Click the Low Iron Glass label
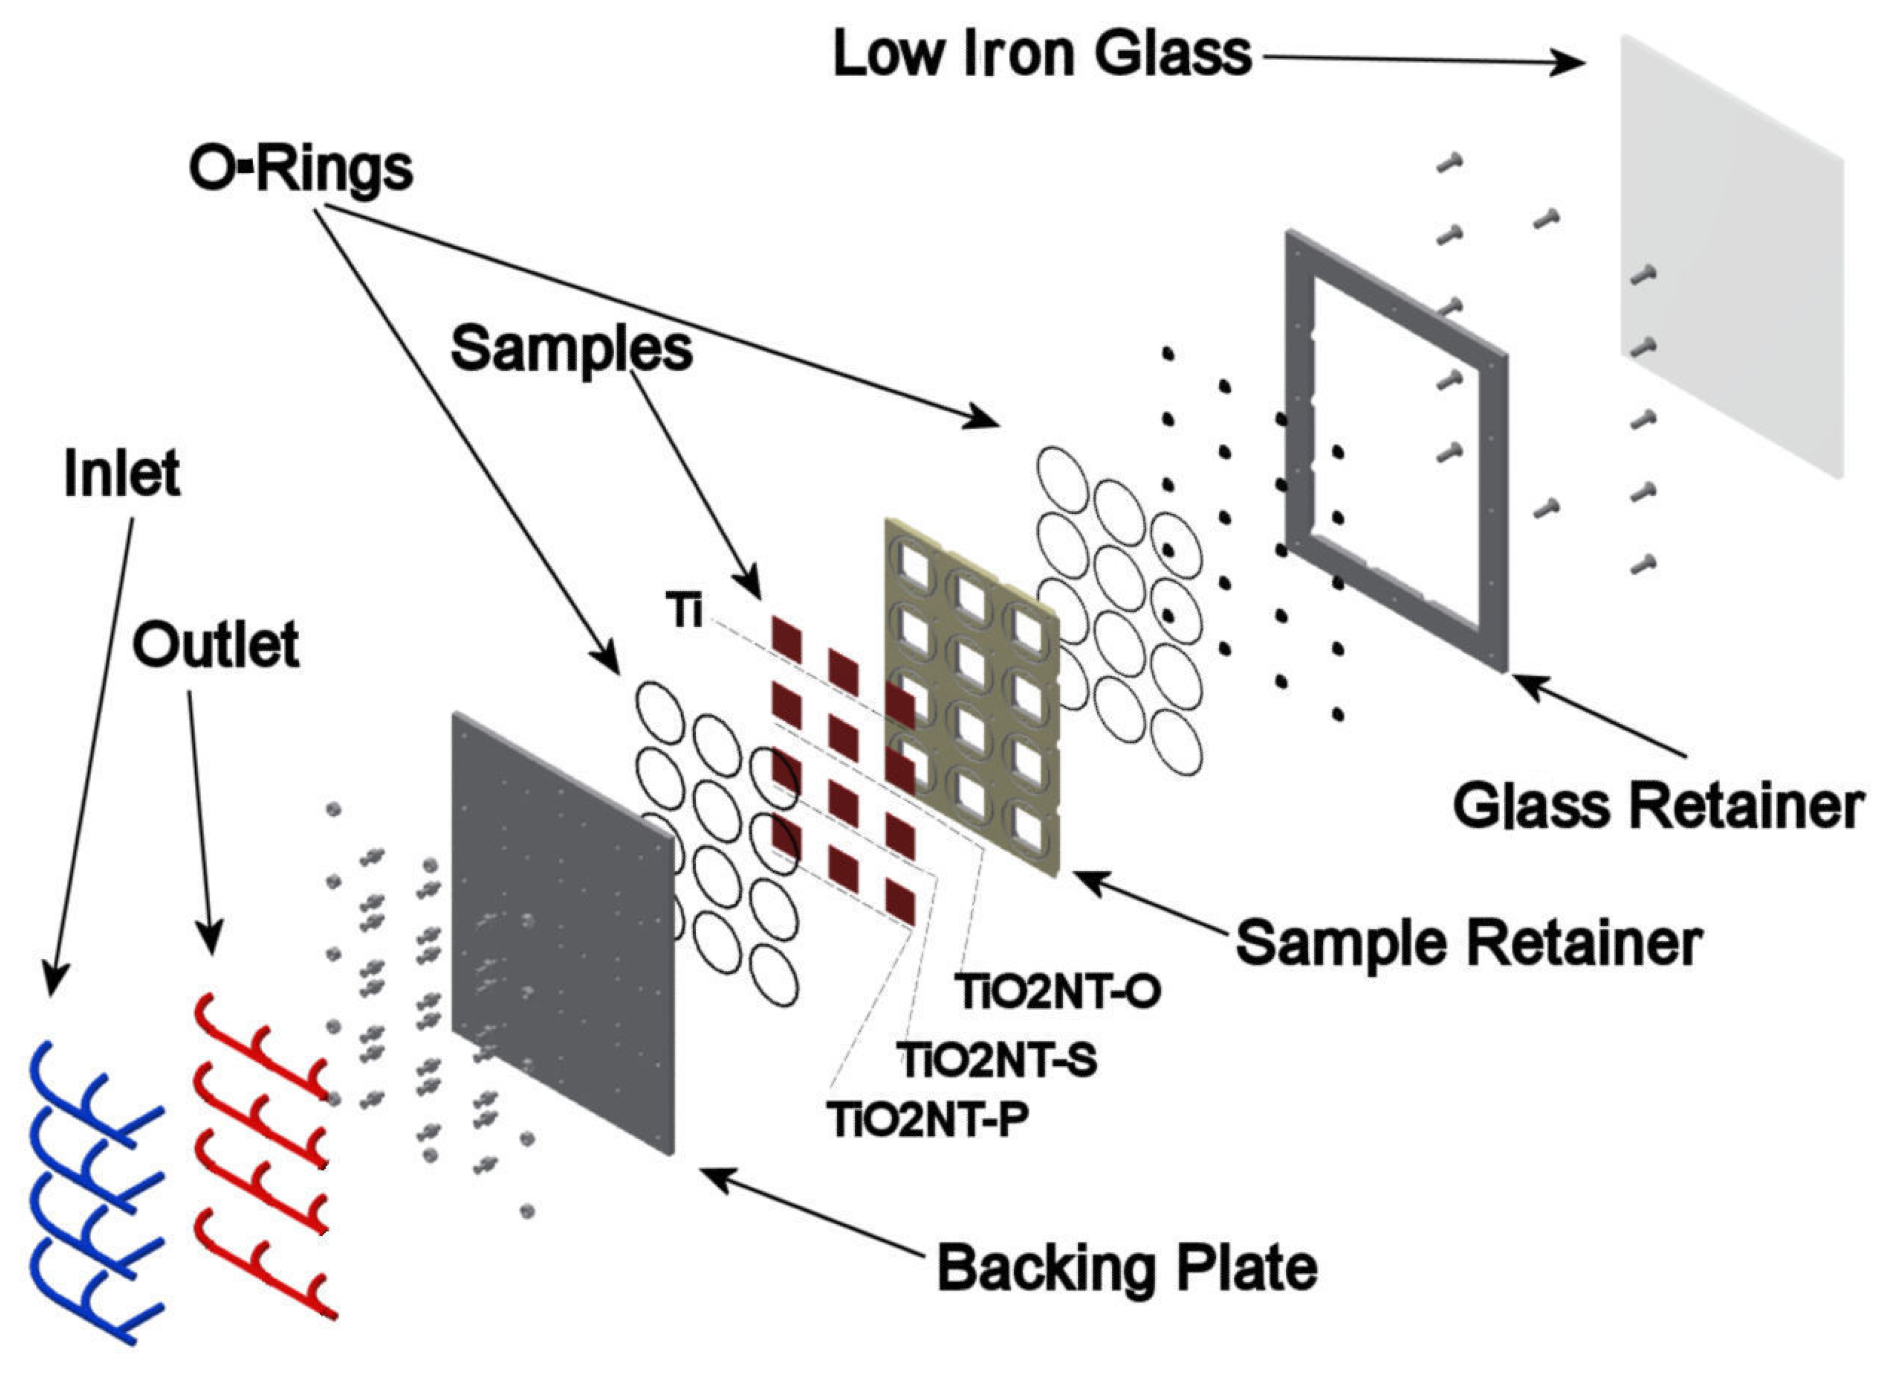1041,54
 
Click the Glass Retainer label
1658,807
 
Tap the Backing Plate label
1127,1267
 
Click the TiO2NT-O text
1058,992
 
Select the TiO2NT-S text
997,1061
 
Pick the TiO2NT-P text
928,1119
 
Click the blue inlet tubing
92,1191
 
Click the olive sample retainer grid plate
973,704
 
